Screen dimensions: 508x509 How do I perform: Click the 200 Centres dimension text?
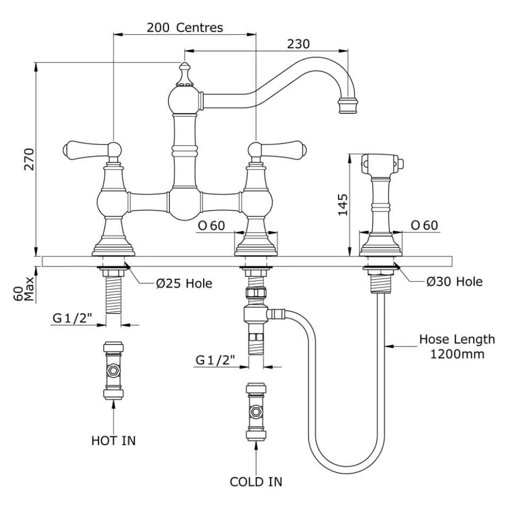185,27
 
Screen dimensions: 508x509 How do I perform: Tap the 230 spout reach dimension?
298,44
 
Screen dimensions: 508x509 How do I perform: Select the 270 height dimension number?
29,159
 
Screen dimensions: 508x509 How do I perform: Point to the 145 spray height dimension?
343,204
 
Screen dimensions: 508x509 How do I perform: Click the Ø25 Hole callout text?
184,284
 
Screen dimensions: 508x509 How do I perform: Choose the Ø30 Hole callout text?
455,281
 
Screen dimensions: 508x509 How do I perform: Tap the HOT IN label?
113,441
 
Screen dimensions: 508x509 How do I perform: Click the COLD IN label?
256,482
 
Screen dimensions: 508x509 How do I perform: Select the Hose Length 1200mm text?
457,347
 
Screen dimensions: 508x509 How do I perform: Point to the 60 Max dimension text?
24,289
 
